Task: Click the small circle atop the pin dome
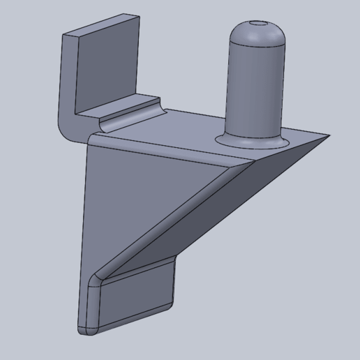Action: point(258,23)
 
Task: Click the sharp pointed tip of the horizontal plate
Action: point(329,136)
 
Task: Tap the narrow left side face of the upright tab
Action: point(68,77)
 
